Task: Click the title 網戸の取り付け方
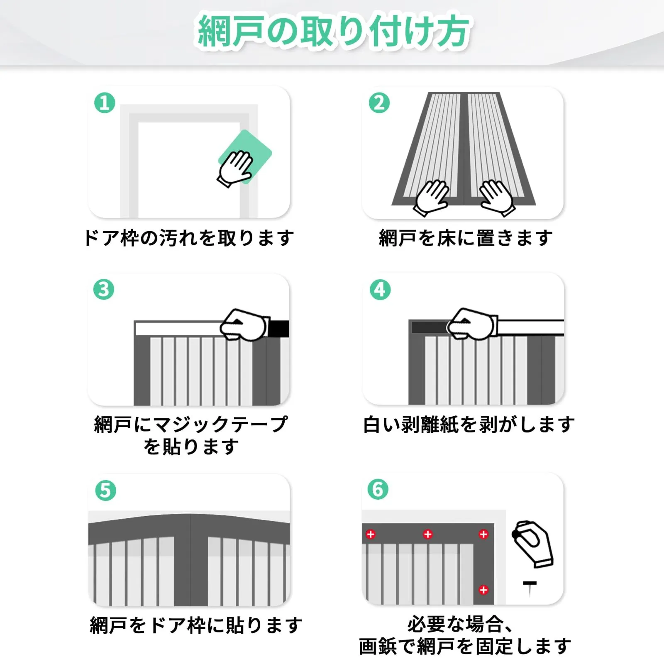(x=334, y=32)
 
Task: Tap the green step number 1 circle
(x=105, y=103)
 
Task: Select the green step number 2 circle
(x=379, y=103)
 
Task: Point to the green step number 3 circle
(x=104, y=290)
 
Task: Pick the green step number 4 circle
(x=380, y=290)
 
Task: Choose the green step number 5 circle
(x=105, y=491)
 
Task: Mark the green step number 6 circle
(x=378, y=489)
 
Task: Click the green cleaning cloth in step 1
(x=246, y=156)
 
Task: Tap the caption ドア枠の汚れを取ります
(x=189, y=238)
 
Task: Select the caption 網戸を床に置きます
(x=466, y=238)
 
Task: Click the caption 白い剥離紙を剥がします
(x=469, y=425)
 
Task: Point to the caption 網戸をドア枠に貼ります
(x=196, y=625)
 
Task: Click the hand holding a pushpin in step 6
(x=533, y=544)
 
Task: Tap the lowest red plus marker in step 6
(x=483, y=590)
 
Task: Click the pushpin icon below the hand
(x=530, y=589)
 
